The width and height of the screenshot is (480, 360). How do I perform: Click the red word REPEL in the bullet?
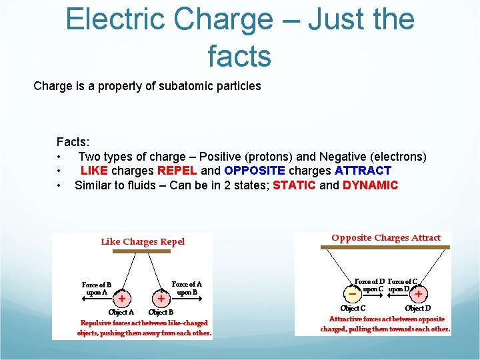coord(177,171)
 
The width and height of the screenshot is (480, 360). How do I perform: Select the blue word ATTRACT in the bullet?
coord(363,171)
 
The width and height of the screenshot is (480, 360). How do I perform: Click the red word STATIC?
coord(294,185)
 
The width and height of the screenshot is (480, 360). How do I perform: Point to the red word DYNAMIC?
coord(370,185)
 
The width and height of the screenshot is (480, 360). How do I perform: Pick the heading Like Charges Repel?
coord(143,241)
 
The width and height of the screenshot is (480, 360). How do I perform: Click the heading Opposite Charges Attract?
coord(386,237)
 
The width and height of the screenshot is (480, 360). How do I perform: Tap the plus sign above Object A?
coord(122,298)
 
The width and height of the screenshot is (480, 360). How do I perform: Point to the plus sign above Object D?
coord(418,293)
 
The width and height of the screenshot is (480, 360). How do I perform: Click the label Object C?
coord(353,309)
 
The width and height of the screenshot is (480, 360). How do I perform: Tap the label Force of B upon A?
coord(97,289)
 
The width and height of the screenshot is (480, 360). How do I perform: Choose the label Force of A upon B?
coord(187,288)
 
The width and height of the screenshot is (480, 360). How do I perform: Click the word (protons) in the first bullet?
coord(269,157)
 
